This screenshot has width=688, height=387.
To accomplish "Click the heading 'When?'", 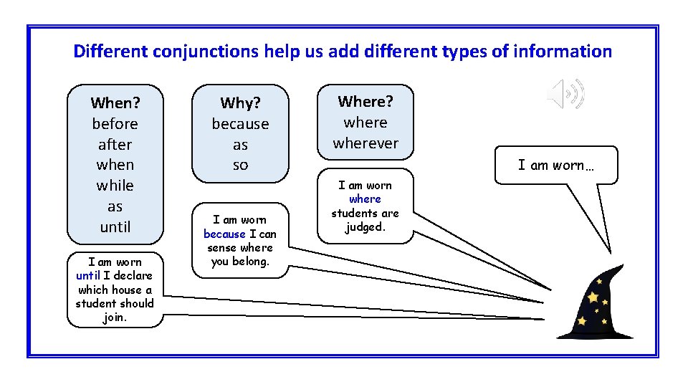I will [115, 102].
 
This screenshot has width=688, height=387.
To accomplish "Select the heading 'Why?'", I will [240, 103].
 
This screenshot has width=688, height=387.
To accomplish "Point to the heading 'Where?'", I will [365, 101].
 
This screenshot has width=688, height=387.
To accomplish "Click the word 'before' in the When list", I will [115, 123].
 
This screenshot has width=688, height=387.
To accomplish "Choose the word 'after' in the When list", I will [115, 144].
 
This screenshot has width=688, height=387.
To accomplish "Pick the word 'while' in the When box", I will [115, 186].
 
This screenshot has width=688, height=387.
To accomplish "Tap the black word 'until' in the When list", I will [115, 227].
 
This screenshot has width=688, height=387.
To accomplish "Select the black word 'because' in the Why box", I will [240, 124].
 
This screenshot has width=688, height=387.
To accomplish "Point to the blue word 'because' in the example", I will [224, 234].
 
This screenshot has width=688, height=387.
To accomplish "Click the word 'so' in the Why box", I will [240, 165].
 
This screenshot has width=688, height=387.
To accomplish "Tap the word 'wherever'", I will [365, 143].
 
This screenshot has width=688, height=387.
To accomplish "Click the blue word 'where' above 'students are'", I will [365, 199].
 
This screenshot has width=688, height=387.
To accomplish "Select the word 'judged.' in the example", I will [365, 226].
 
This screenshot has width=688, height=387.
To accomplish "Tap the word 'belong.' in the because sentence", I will [250, 262].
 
